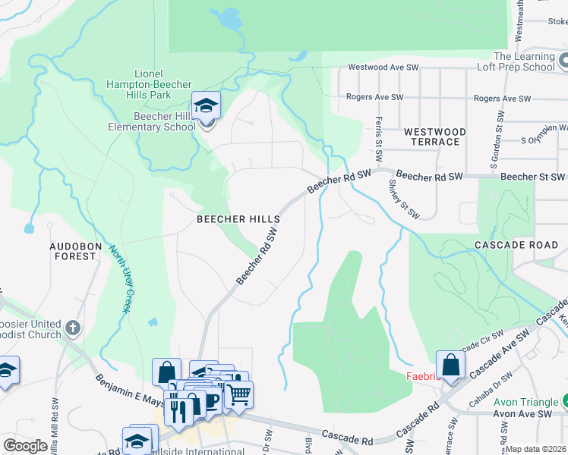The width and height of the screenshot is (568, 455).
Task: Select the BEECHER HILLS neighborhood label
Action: click(x=238, y=219)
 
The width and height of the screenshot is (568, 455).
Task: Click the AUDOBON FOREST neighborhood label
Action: click(x=73, y=251)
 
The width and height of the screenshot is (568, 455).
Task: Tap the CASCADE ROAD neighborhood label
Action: click(x=516, y=246)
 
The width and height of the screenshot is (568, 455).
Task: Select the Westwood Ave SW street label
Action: click(x=384, y=67)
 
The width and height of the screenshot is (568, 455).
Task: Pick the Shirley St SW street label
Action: click(x=403, y=199)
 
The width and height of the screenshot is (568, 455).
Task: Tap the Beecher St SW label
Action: click(x=531, y=176)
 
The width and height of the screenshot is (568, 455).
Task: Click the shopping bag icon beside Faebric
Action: click(x=450, y=365)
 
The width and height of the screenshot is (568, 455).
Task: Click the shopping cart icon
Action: click(x=238, y=394)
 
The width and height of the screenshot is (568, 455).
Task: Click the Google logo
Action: click(x=26, y=446)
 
